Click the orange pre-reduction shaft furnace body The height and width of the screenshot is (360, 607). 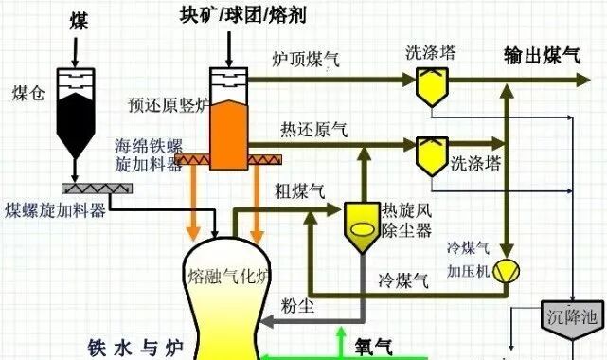(227, 126)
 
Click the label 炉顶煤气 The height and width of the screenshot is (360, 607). (306, 60)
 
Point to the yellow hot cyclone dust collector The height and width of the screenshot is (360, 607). (361, 228)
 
